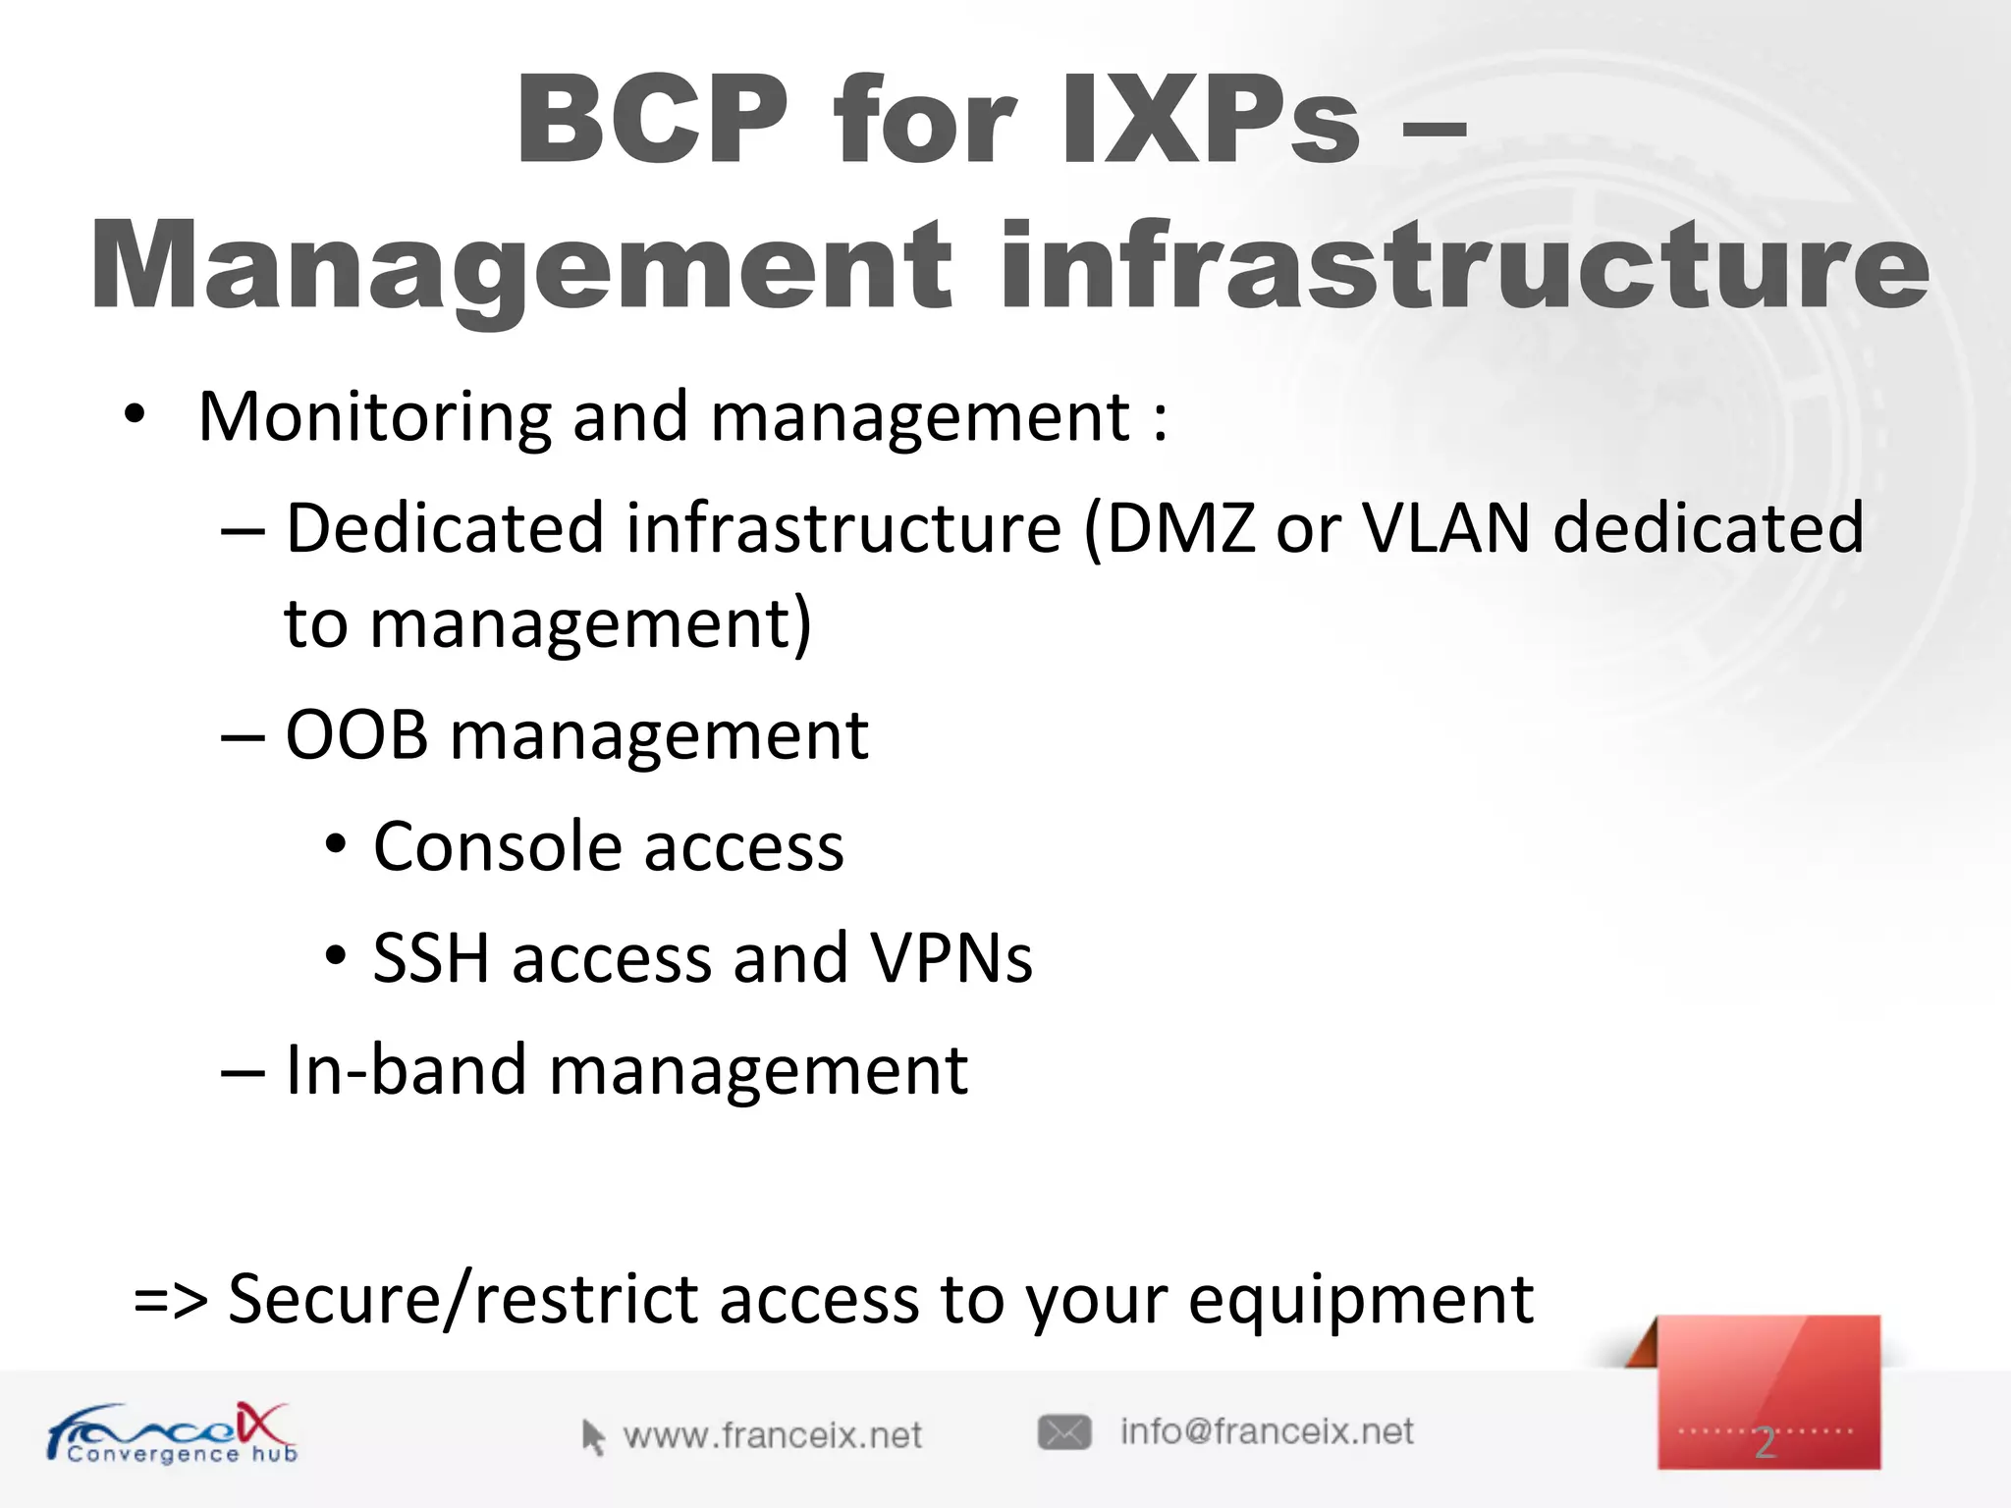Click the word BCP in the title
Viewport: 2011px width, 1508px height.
652,120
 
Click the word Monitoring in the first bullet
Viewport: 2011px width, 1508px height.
374,417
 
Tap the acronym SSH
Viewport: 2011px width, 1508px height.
431,958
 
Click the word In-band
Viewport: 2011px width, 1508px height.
406,1070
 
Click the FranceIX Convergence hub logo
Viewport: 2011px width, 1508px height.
172,1433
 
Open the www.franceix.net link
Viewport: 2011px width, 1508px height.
772,1436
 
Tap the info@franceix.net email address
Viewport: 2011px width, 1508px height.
1267,1432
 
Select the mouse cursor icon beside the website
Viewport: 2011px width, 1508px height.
592,1436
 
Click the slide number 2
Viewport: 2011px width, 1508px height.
1766,1442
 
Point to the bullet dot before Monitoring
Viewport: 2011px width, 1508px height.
135,415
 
